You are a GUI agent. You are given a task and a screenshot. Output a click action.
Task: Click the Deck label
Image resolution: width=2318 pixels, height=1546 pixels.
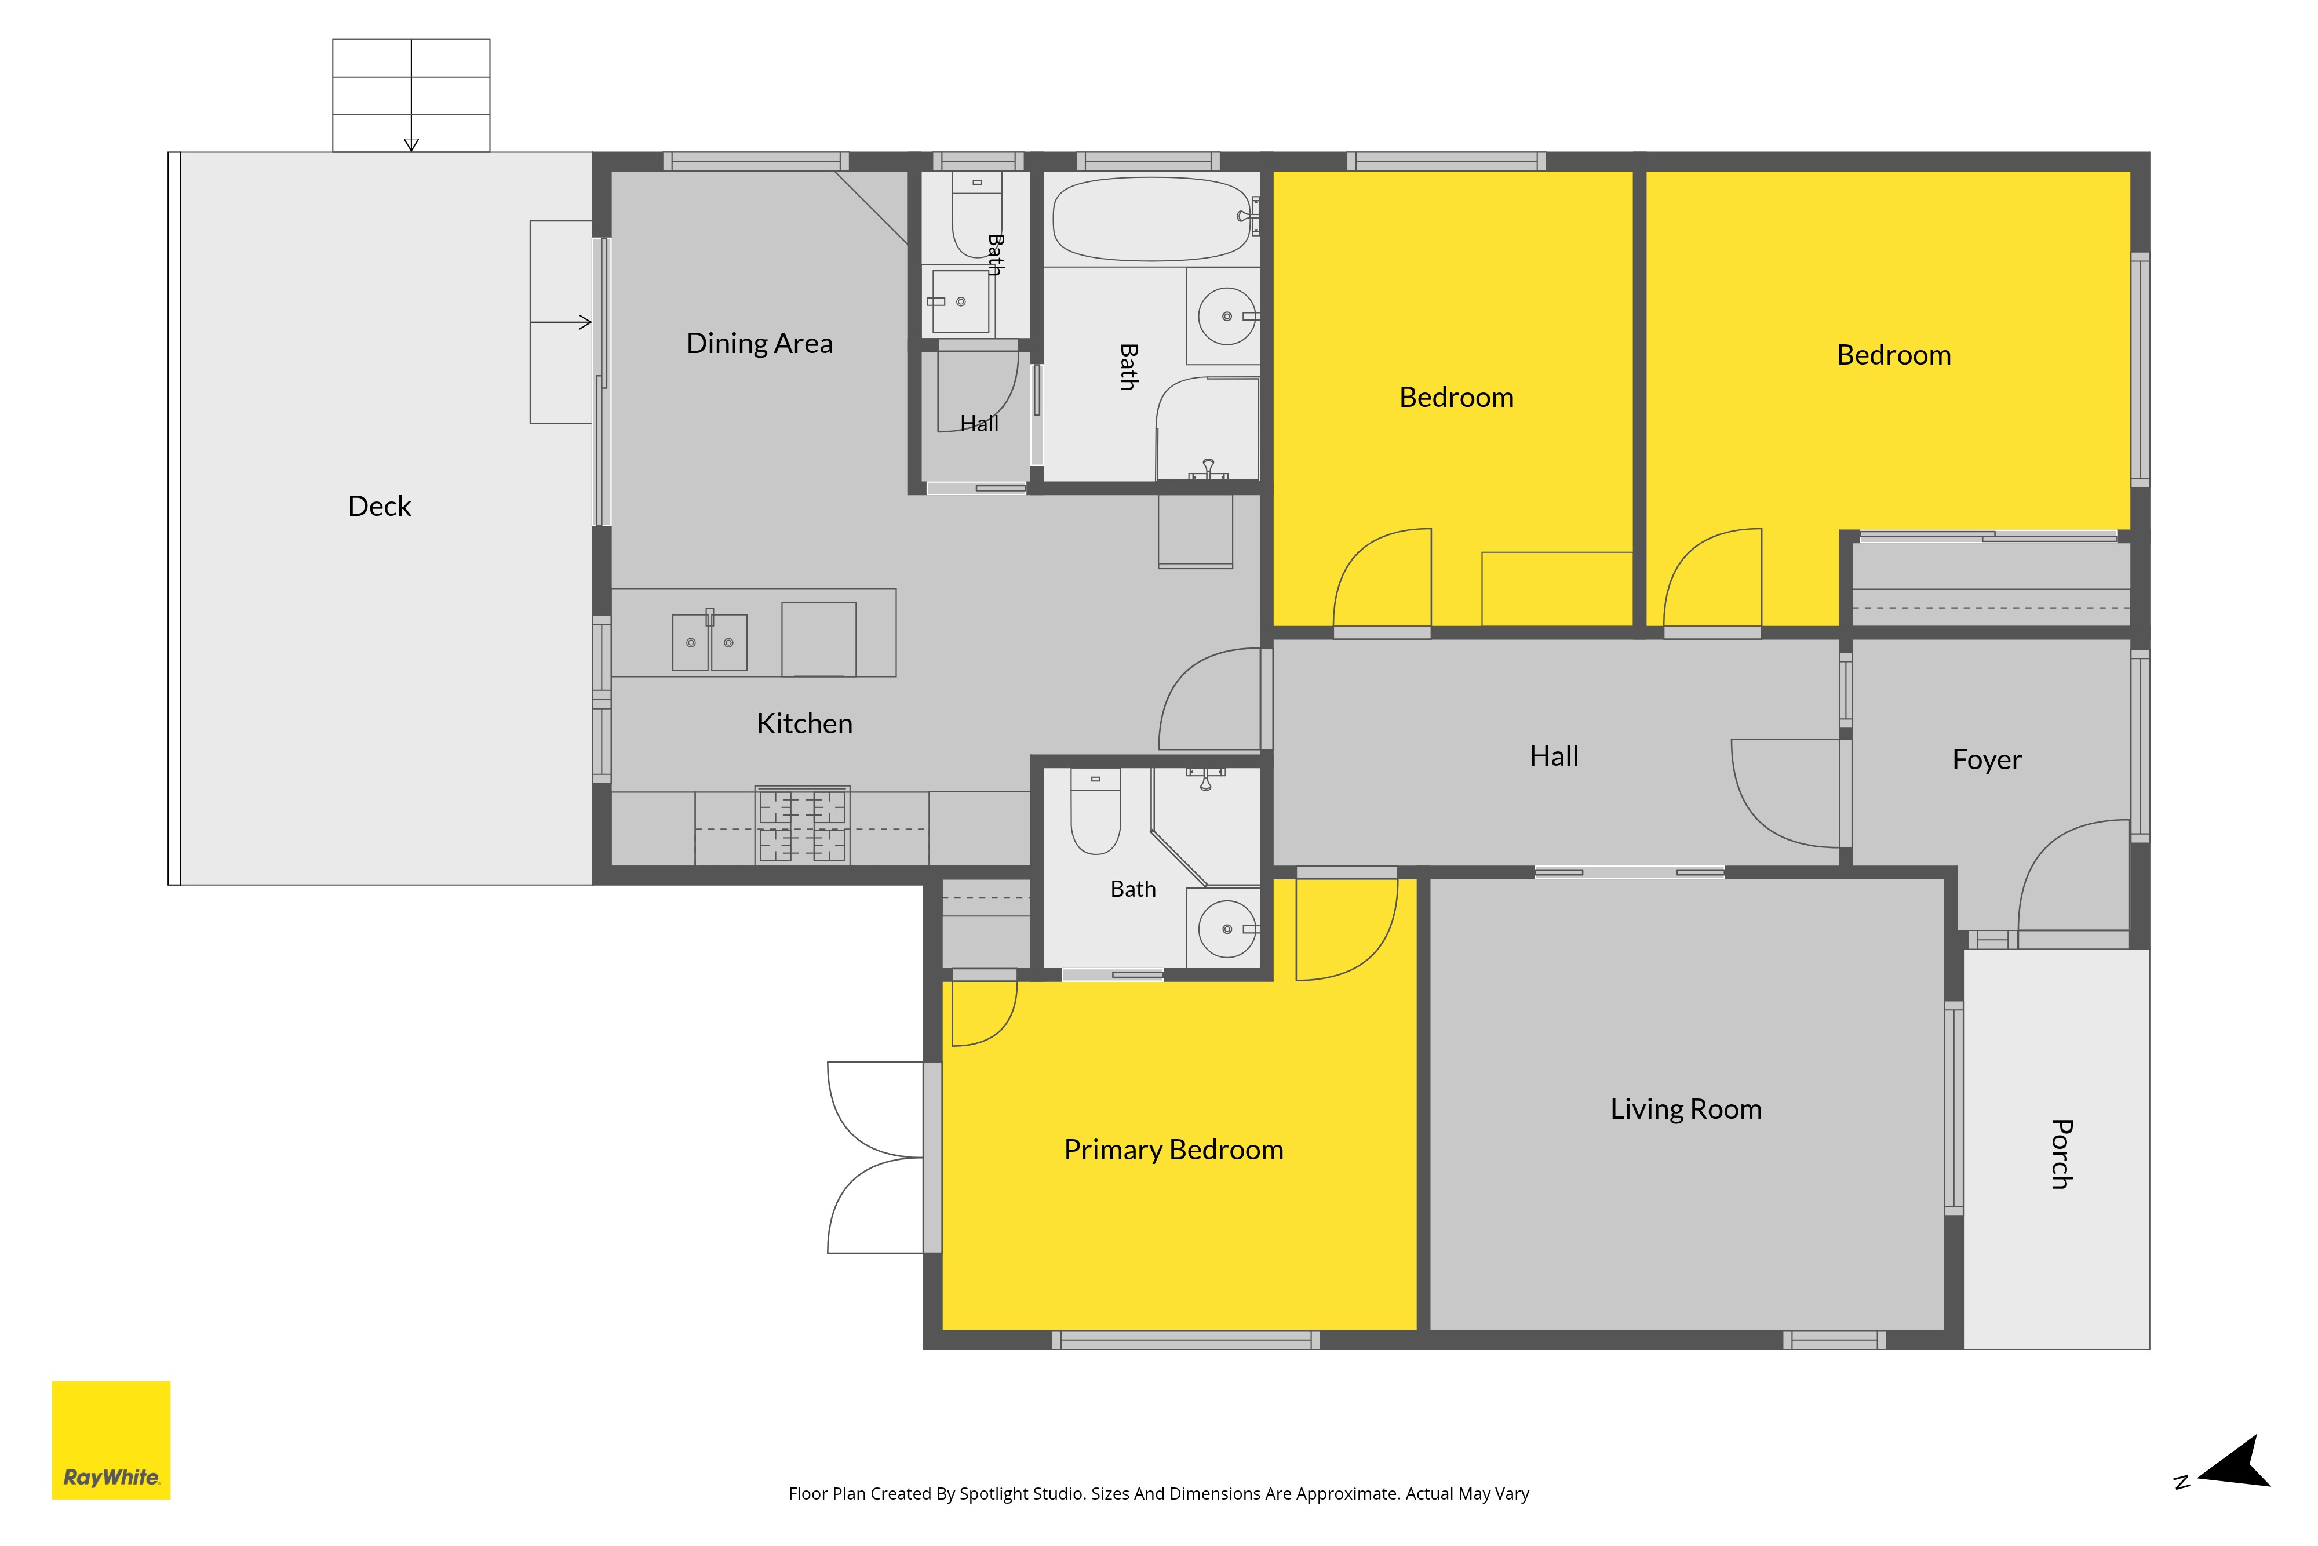tap(380, 506)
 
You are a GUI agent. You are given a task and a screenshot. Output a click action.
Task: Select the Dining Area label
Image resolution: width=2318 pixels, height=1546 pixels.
tap(760, 343)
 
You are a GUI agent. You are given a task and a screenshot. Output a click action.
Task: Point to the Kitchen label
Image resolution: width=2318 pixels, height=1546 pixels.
tap(804, 723)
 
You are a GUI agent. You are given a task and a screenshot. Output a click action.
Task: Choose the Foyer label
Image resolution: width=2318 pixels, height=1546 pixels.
tap(1987, 759)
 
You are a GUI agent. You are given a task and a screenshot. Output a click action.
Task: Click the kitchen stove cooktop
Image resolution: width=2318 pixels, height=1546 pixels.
tap(802, 825)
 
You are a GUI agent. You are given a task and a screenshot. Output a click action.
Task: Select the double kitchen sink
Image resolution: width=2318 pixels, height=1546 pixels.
tap(709, 641)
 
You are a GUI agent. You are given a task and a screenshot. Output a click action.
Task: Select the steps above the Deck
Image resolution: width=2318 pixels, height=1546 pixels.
tap(411, 96)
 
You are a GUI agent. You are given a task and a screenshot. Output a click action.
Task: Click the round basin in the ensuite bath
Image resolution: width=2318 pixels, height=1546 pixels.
tap(1227, 929)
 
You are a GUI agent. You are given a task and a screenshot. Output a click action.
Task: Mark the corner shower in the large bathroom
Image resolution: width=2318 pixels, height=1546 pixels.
tap(1207, 429)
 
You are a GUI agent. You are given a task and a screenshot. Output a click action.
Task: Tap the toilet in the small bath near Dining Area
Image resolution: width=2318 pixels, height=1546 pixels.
tap(976, 214)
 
